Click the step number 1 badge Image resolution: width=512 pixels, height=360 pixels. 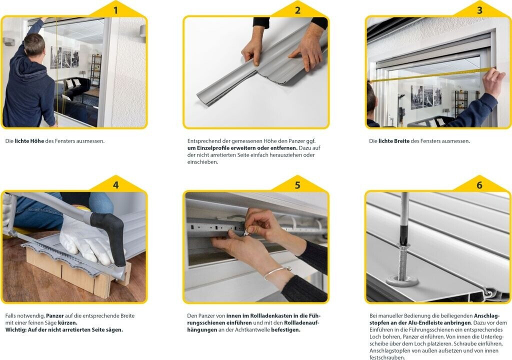pyautogui.click(x=115, y=10)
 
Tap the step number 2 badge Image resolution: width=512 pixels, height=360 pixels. pyautogui.click(x=297, y=10)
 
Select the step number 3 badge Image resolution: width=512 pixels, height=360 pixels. pyautogui.click(x=479, y=10)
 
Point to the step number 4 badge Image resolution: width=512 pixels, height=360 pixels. pyautogui.click(x=115, y=185)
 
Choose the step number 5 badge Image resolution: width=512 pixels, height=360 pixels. pyautogui.click(x=297, y=185)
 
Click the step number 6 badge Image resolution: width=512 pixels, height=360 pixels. pyautogui.click(x=479, y=185)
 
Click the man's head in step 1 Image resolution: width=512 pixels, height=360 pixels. pyautogui.click(x=34, y=45)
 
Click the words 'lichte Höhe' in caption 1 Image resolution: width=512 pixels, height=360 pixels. pyautogui.click(x=29, y=141)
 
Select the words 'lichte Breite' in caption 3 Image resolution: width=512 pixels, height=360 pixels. pyautogui.click(x=394, y=141)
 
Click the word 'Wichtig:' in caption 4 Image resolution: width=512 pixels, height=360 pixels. pyautogui.click(x=15, y=330)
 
